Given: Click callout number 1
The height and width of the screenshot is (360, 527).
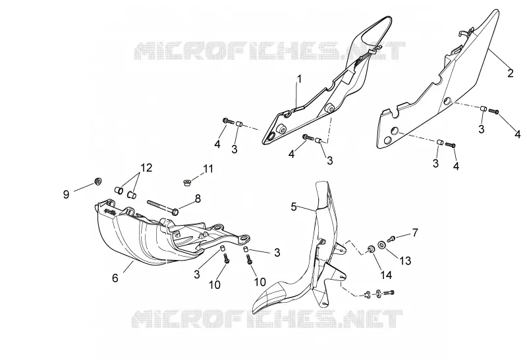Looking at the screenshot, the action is (x=299, y=79).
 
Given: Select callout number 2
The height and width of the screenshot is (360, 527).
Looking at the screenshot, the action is (x=510, y=73).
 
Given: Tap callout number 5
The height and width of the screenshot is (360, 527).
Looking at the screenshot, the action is (x=294, y=207).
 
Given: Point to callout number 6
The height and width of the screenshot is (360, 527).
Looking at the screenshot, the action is (x=115, y=278).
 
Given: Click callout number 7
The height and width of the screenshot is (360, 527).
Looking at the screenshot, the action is (x=415, y=232).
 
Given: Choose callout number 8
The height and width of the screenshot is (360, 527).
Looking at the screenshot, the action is (x=198, y=199).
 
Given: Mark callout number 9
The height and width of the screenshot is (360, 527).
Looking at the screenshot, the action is (x=67, y=194).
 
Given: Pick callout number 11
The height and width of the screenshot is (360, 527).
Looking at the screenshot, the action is (x=208, y=168).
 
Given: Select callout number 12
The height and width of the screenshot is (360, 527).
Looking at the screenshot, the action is (x=146, y=167).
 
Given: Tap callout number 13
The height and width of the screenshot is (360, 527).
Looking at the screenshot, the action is (x=406, y=261).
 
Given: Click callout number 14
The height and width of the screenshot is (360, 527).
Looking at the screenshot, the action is (x=386, y=275).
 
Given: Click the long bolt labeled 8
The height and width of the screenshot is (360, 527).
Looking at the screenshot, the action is (x=163, y=207).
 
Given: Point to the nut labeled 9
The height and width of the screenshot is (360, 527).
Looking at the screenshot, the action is (x=98, y=182).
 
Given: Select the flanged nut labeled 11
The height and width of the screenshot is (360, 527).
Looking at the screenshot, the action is (x=186, y=183).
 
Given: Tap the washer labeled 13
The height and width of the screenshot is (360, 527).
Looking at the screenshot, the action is (x=382, y=245).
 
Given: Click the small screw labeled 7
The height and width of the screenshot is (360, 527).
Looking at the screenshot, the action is (x=391, y=239).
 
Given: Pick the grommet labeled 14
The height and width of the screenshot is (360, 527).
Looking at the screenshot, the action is (x=371, y=249).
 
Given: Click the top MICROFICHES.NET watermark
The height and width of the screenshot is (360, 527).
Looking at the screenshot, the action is (x=269, y=51).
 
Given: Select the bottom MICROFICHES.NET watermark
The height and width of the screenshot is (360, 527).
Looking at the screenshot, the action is (x=267, y=319).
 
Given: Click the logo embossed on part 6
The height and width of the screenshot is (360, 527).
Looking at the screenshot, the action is (x=111, y=212).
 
